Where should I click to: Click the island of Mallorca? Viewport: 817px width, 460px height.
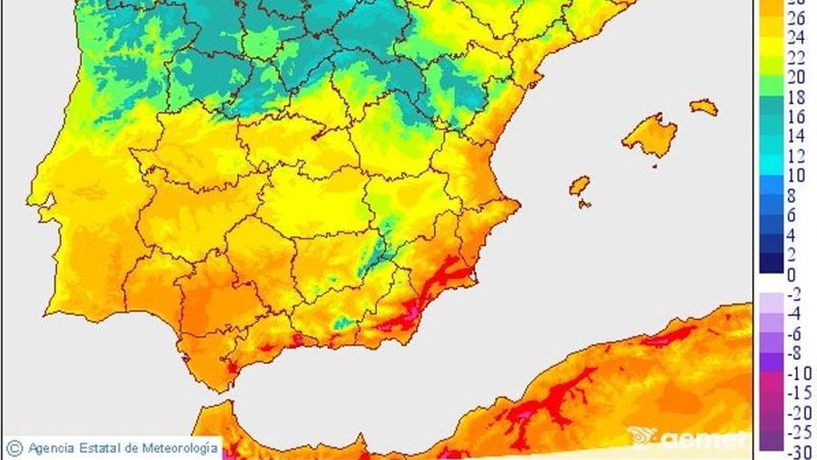point(650,136)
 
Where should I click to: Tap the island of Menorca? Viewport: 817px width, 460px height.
point(704,107)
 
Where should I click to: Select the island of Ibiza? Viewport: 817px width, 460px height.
point(579,185)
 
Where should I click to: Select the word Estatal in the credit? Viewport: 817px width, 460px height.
point(101,448)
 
